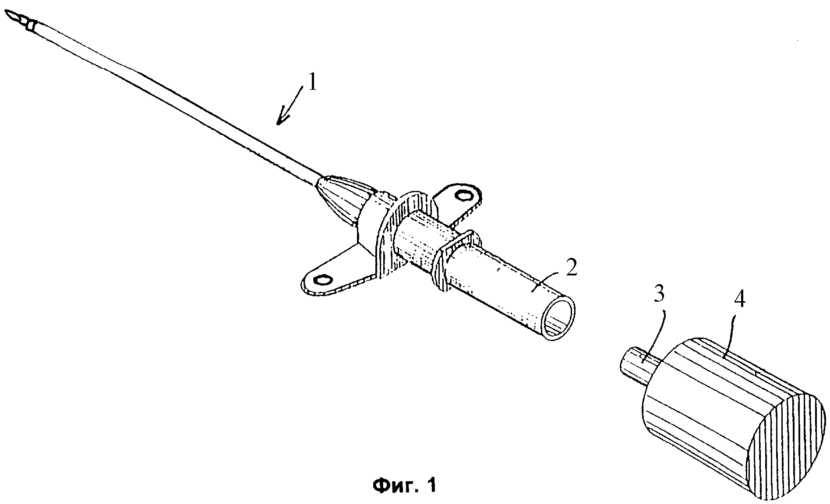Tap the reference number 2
coord(571,268)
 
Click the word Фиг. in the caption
coord(396,485)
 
